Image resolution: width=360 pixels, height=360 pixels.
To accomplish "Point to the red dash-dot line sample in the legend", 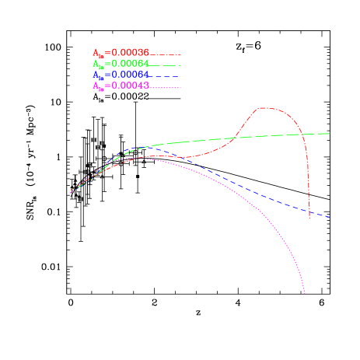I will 166,54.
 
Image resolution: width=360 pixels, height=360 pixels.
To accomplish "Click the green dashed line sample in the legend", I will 166,65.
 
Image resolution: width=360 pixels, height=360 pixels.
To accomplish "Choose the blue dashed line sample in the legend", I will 166,76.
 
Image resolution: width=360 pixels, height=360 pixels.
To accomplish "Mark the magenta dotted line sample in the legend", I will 166,87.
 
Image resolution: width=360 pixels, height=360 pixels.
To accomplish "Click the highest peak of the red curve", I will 264,107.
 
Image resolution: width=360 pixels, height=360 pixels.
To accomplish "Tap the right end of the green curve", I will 330,134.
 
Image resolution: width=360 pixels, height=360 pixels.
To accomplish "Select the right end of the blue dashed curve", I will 330,217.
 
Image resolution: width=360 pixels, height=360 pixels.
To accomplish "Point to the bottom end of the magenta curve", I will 306,296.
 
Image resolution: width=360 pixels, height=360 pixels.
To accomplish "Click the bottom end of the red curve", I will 310,218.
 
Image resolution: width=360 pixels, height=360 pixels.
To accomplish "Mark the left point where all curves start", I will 71,191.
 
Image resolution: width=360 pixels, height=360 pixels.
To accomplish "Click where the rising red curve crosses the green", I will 236,138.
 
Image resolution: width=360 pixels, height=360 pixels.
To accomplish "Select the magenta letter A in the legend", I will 96,86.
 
